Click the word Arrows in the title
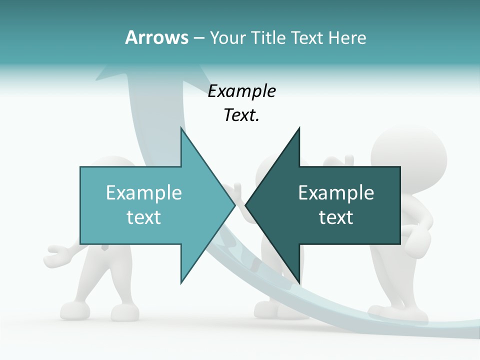(156, 37)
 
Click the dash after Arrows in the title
(198, 38)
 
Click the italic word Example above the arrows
(241, 91)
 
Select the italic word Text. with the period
(241, 115)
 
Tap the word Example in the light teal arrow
(144, 193)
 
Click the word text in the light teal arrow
(144, 217)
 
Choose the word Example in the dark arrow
(336, 193)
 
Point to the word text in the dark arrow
(336, 217)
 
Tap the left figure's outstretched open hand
(57, 254)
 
